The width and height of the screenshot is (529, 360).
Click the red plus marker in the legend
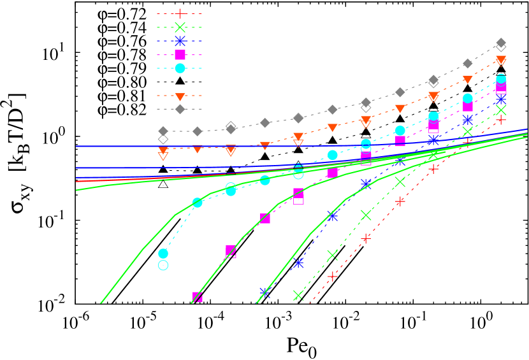click(x=180, y=13)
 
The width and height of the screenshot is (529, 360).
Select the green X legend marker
click(x=180, y=27)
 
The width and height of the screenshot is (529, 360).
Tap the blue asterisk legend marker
click(x=180, y=41)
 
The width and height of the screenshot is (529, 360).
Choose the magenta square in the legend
click(x=180, y=55)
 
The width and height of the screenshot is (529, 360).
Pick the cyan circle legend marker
click(x=180, y=68)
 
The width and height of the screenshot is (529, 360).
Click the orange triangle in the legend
click(x=180, y=96)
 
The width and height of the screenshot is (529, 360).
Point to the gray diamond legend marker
click(x=180, y=110)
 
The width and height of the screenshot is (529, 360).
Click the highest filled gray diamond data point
click(x=501, y=43)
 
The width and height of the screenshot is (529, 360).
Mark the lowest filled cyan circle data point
click(x=163, y=254)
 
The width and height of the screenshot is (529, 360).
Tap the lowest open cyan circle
click(x=163, y=265)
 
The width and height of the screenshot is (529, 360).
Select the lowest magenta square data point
click(x=198, y=297)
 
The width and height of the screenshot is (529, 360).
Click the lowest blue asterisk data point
click(x=265, y=292)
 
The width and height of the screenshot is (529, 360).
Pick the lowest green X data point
click(x=298, y=295)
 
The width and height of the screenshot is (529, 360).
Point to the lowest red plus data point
click(x=332, y=277)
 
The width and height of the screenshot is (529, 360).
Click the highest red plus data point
click(x=501, y=120)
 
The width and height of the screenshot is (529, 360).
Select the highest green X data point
click(x=501, y=110)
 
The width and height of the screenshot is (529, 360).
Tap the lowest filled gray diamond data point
click(x=163, y=131)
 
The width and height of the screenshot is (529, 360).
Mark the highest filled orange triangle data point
click(x=501, y=60)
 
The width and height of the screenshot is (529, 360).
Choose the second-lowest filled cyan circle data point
click(x=198, y=203)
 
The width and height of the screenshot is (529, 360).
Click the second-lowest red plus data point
click(x=366, y=239)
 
